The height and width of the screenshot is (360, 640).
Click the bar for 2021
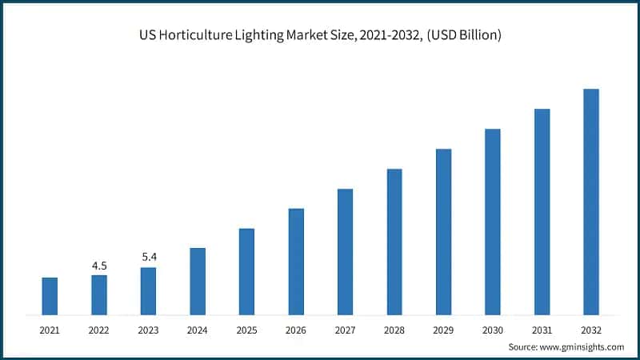(x=50, y=296)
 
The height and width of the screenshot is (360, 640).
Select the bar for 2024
(x=198, y=281)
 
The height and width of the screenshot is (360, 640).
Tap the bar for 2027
(x=345, y=251)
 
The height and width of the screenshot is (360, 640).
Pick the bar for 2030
(x=493, y=222)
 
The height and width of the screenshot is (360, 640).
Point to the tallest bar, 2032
(x=591, y=202)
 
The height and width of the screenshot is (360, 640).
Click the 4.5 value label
(x=99, y=266)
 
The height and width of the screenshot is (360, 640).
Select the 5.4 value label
(x=148, y=258)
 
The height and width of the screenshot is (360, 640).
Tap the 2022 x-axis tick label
(x=99, y=329)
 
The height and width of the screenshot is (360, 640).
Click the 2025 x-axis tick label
(x=246, y=329)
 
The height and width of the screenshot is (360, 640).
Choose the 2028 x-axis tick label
(x=394, y=329)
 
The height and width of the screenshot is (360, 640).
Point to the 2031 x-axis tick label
(x=542, y=329)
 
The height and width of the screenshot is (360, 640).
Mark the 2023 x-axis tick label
(x=148, y=329)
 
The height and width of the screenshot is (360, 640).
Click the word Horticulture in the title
(x=198, y=37)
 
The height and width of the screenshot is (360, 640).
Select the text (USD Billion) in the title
(x=455, y=37)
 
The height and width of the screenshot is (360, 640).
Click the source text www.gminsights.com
(x=581, y=346)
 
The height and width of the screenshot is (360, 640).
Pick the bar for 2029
(x=443, y=231)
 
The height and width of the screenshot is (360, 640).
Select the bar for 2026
(x=296, y=261)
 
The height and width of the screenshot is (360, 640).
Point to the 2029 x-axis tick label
(x=443, y=329)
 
